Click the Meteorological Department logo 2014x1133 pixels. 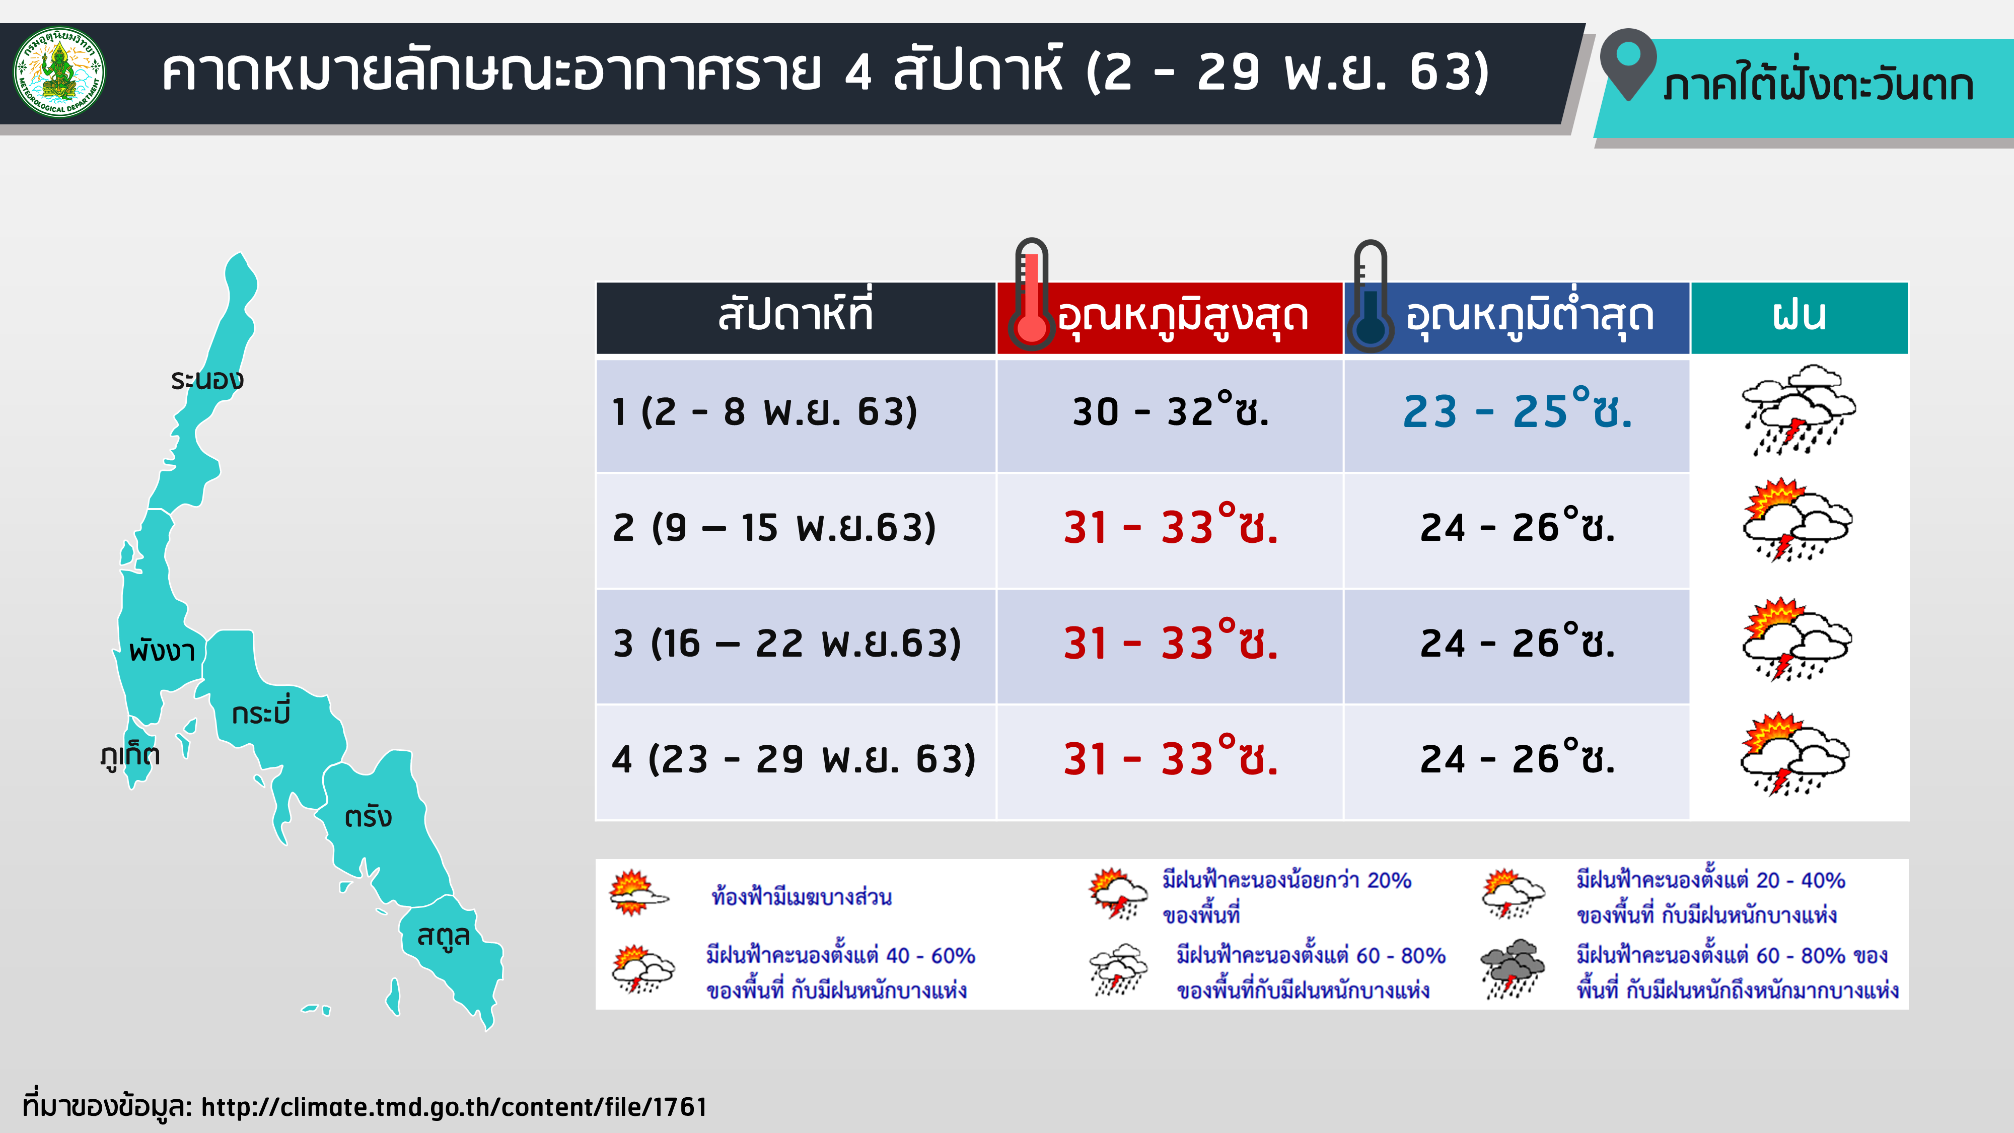[x=59, y=72]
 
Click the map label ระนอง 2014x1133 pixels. [x=207, y=380]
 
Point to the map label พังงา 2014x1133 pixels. [x=162, y=650]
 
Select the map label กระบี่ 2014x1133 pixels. [x=261, y=711]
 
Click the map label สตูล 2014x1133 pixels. [x=443, y=935]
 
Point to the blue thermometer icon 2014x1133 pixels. [x=1370, y=296]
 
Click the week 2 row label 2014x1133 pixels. [x=774, y=528]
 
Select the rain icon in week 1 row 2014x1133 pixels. [x=1798, y=410]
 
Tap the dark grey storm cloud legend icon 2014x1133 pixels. [x=1513, y=969]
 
